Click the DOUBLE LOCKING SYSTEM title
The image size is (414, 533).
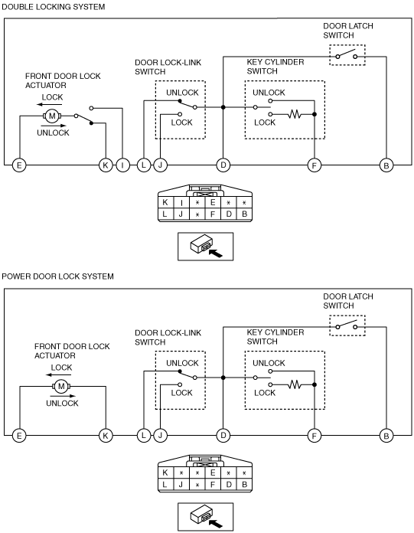54,7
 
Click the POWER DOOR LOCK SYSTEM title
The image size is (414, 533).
57,276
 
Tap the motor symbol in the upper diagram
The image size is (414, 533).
52,116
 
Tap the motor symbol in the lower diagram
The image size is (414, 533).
61,386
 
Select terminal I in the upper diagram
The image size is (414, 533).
122,165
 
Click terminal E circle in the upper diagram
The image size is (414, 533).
19,165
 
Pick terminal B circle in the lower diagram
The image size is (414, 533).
386,436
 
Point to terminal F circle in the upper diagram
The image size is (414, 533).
315,165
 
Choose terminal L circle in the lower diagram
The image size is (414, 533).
144,436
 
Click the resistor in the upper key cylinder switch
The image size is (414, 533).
294,114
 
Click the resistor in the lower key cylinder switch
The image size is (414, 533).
294,384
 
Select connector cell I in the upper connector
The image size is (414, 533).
181,203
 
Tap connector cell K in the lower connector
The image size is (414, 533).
165,473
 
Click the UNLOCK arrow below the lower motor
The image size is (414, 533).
63,396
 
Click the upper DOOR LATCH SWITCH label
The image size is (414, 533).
347,31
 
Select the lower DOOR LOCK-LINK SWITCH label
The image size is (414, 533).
168,337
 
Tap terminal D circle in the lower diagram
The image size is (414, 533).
223,436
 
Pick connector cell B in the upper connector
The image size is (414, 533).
245,214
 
